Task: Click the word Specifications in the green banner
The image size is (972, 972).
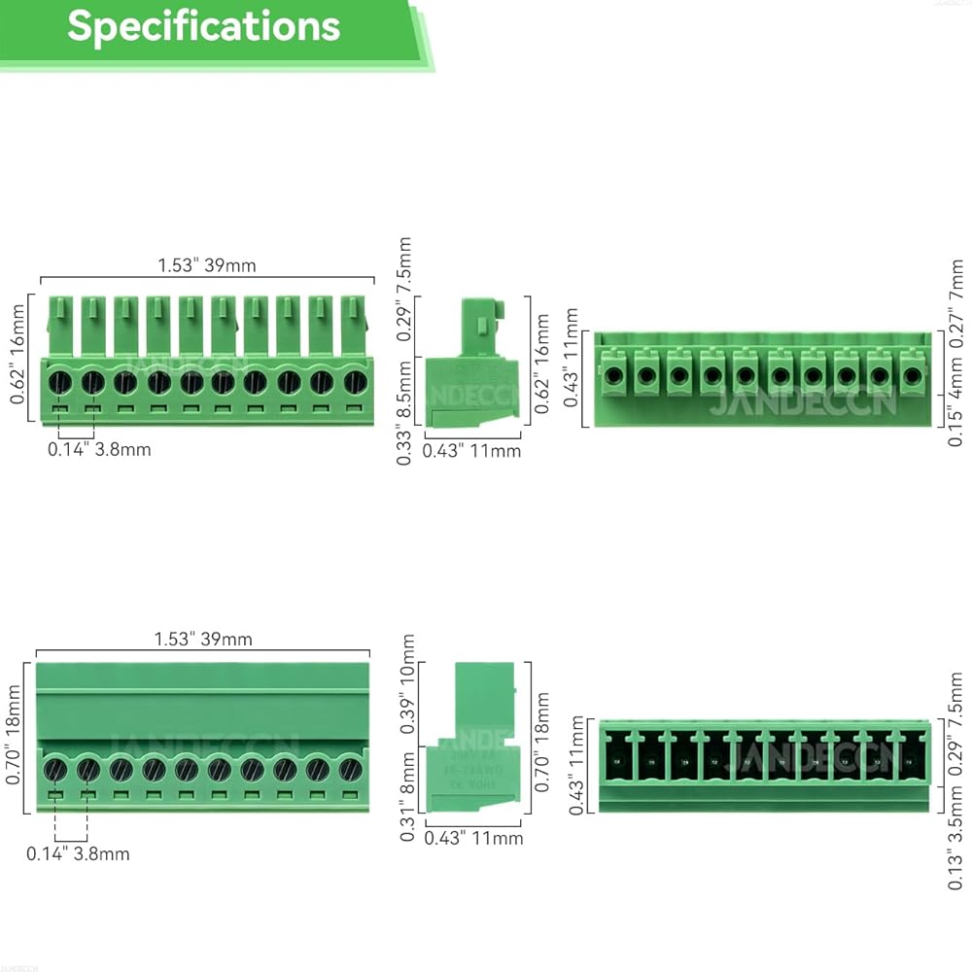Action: (x=203, y=26)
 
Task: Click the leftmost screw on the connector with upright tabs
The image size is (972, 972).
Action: (x=60, y=382)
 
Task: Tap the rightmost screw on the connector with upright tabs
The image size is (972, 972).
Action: (x=356, y=382)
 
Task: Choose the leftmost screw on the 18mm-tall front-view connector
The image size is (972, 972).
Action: (x=55, y=771)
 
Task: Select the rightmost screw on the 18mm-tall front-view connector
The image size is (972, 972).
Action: (x=350, y=771)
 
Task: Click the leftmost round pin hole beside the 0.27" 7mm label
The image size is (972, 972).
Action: (x=613, y=374)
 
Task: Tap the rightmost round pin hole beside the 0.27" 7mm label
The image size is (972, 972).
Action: (x=912, y=374)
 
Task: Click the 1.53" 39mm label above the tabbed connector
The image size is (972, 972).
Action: (x=207, y=264)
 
